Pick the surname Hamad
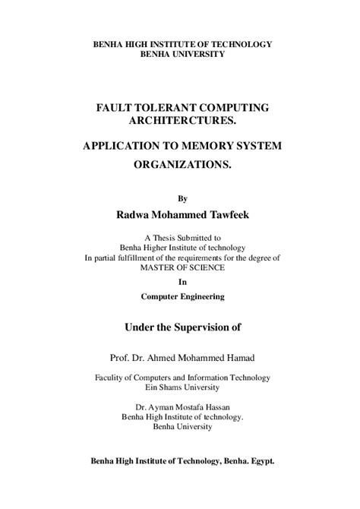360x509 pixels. (239, 356)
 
